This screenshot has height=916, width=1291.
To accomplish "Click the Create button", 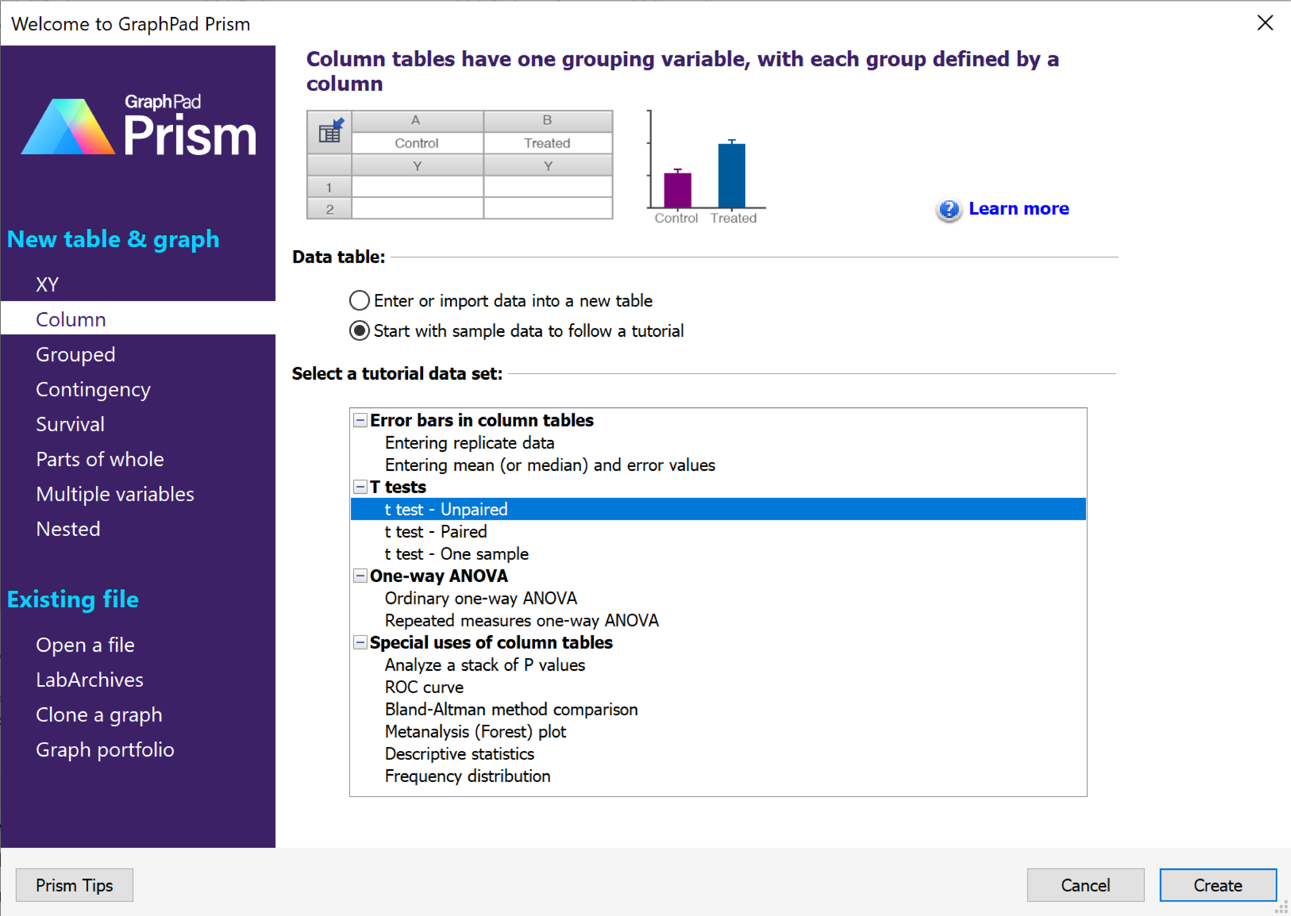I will coord(1218,885).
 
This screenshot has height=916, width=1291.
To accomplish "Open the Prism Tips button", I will coord(74,885).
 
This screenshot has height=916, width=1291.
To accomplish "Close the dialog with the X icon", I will coord(1265,23).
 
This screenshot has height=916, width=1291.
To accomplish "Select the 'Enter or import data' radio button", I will coord(359,301).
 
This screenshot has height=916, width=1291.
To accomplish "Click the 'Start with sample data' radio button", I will coord(359,331).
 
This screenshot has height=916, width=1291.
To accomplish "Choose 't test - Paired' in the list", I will coord(436,531).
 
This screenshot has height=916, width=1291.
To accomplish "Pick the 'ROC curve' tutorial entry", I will coord(424,687).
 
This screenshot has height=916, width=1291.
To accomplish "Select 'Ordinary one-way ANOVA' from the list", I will coord(481,598).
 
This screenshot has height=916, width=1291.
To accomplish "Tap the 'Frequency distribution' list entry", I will coord(467,776).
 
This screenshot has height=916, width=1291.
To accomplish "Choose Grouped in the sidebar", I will coord(75,354).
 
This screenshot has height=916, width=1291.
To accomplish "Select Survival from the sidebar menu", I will coord(70,424).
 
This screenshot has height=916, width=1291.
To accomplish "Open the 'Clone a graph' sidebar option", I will coord(99,715).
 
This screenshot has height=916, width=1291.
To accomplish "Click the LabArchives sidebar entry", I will coord(89,679).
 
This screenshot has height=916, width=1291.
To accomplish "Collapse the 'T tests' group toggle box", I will coord(360,487).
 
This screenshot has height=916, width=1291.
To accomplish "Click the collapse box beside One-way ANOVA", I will coord(360,576).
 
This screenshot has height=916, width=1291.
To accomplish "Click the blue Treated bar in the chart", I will coord(731,176).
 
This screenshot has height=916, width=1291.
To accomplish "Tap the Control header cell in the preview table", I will coord(416,143).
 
